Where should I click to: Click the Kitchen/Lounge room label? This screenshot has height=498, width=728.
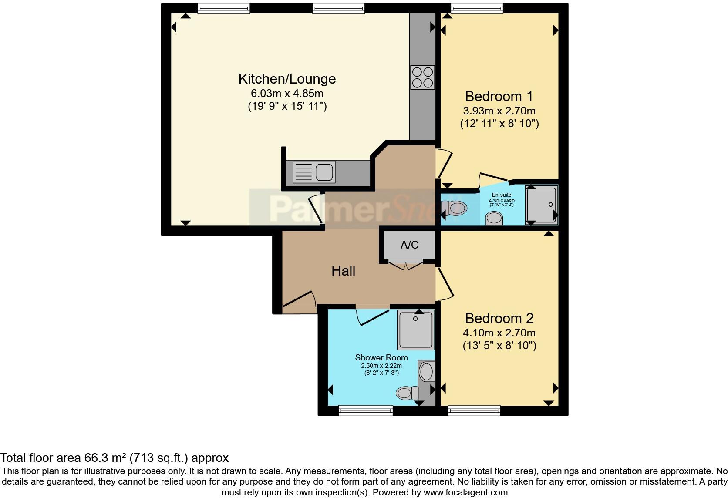click(287, 79)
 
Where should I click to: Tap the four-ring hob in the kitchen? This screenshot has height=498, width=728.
click(422, 77)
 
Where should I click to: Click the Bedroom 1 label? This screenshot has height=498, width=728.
click(499, 96)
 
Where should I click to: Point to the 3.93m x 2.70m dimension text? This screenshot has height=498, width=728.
click(499, 111)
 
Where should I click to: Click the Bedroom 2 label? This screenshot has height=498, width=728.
click(499, 318)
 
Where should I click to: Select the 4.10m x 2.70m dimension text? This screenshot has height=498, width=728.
click(499, 333)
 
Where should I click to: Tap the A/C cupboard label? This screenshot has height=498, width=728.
click(409, 245)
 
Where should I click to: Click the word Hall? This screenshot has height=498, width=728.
click(343, 271)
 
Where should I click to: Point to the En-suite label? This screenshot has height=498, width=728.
click(502, 195)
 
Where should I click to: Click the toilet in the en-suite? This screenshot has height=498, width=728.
click(456, 209)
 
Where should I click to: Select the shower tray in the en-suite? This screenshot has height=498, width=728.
click(542, 204)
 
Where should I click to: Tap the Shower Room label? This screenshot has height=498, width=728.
click(381, 357)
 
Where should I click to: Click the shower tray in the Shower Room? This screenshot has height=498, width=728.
click(416, 330)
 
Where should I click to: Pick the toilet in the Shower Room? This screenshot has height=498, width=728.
click(406, 393)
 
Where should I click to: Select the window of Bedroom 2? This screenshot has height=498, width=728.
click(474, 410)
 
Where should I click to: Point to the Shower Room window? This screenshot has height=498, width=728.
click(366, 410)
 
